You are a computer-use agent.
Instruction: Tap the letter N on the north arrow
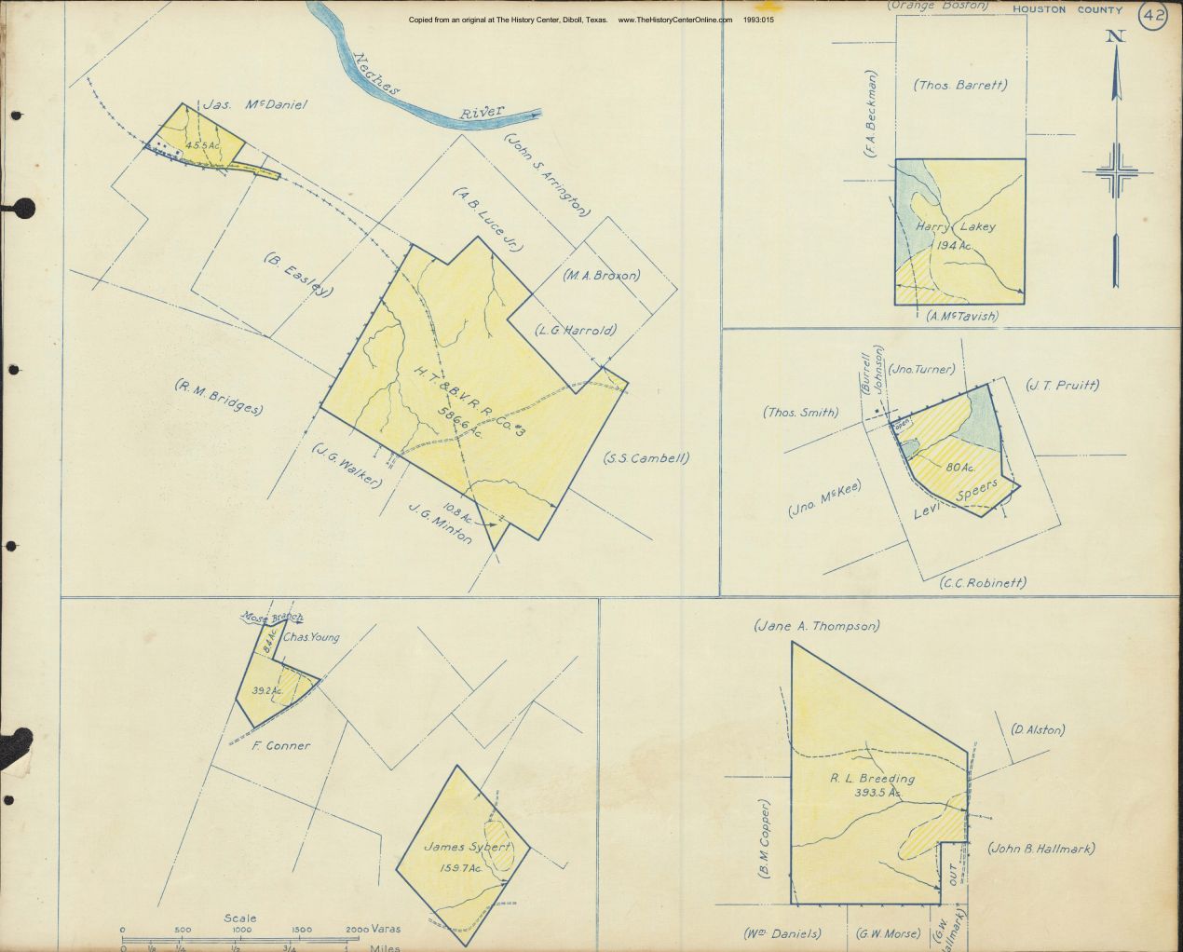(1114, 36)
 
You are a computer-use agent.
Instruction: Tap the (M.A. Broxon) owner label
(602, 276)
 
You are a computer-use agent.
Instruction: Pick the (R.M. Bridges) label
(219, 397)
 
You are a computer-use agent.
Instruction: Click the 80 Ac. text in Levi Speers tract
(959, 467)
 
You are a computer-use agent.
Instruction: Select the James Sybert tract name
(468, 848)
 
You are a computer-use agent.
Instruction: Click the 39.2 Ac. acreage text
(267, 690)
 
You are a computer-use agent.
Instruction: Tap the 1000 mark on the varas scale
(241, 930)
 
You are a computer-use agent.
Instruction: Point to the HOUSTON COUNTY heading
(1067, 8)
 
